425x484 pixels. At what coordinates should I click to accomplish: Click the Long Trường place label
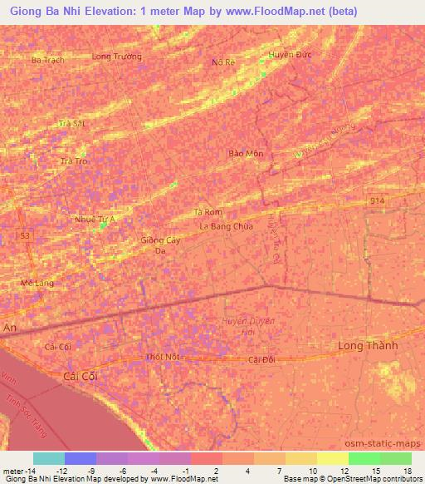(117, 57)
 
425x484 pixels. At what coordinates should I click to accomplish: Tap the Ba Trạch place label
(46, 61)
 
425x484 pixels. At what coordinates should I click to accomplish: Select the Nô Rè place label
(224, 62)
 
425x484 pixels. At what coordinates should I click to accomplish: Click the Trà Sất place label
(72, 123)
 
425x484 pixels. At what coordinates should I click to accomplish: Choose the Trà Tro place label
(75, 161)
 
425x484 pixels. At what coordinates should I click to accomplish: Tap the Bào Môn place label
(246, 154)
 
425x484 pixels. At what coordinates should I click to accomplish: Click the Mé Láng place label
(37, 283)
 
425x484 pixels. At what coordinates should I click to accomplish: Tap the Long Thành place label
(369, 345)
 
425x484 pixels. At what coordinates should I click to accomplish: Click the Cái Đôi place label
(261, 359)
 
